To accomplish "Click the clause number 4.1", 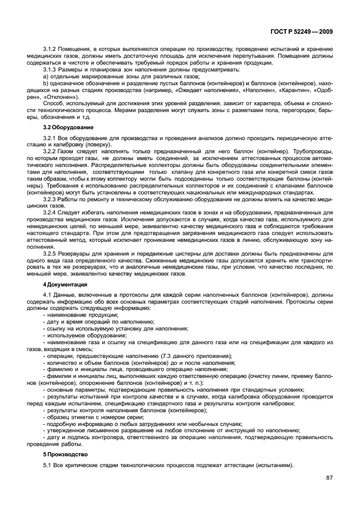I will (48, 294).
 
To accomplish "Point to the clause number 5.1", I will (48, 464).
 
